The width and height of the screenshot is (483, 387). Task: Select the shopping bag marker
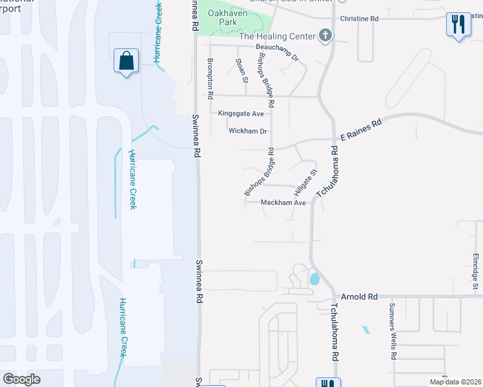(125, 61)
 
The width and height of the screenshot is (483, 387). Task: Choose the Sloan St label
(241, 71)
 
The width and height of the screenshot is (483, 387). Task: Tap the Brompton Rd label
(211, 77)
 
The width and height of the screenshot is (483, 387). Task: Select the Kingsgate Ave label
(241, 114)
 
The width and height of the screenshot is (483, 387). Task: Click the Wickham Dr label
(247, 131)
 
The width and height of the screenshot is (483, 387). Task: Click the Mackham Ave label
(283, 203)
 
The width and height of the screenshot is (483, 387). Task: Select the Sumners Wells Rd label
(393, 330)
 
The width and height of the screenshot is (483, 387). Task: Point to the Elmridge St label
(475, 271)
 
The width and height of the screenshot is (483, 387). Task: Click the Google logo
(21, 379)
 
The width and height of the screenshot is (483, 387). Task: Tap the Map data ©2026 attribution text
(455, 382)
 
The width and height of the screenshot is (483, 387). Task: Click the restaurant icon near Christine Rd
(458, 25)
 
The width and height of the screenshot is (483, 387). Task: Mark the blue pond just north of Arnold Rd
(314, 279)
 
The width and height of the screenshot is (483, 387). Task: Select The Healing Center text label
(278, 36)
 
